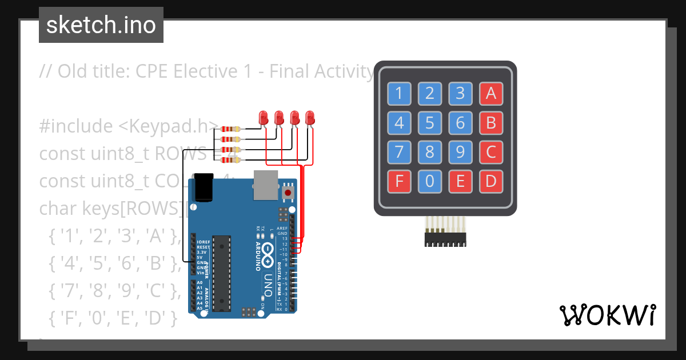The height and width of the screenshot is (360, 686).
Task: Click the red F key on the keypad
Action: (x=399, y=182)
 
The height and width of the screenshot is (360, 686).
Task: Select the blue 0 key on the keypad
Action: (x=430, y=182)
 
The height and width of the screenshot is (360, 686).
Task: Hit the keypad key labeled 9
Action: (x=460, y=152)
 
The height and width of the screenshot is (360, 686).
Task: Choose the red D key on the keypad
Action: (x=490, y=182)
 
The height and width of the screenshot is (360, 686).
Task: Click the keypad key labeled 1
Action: (x=399, y=93)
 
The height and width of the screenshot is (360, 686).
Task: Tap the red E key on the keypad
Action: (x=460, y=182)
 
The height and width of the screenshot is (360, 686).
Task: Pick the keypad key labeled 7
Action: (x=399, y=152)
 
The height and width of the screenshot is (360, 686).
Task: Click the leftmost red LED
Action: (x=264, y=118)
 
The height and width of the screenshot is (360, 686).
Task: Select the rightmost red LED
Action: (x=310, y=118)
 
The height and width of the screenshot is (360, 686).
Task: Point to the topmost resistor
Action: (x=230, y=129)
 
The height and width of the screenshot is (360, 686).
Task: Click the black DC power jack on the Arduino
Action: (x=203, y=187)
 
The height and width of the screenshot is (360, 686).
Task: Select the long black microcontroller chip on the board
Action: (x=221, y=273)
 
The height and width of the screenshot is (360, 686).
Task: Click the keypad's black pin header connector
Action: (x=445, y=239)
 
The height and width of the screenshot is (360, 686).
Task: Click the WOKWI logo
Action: (x=607, y=315)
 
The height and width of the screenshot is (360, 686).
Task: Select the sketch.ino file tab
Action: (x=101, y=25)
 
